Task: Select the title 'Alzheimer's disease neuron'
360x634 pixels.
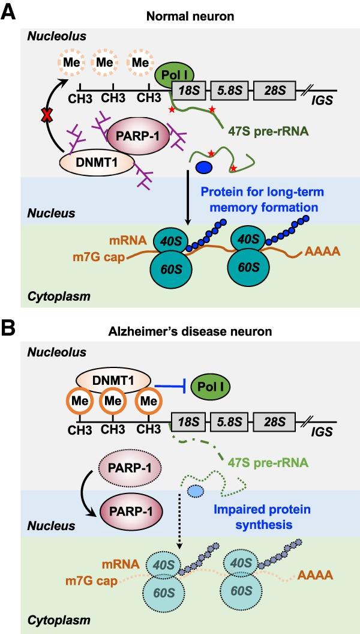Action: tap(179, 331)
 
